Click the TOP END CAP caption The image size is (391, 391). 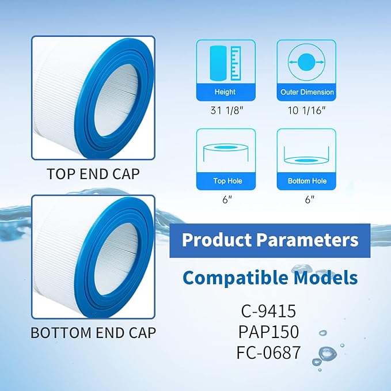[93, 173]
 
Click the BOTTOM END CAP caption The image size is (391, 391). [93, 332]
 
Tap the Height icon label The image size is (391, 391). [225, 92]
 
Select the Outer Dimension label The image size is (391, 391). [307, 92]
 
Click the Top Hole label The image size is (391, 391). [227, 181]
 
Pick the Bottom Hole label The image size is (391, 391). [307, 181]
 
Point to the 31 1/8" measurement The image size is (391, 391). [225, 111]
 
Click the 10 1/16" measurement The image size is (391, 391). [307, 111]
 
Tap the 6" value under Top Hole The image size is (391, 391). [227, 199]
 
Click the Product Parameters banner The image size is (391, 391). [269, 240]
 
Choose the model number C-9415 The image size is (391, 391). [269, 312]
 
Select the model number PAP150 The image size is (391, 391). [269, 332]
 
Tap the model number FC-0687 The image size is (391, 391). [269, 352]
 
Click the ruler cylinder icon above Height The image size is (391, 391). [225, 62]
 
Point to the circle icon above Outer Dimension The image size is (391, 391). [307, 62]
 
